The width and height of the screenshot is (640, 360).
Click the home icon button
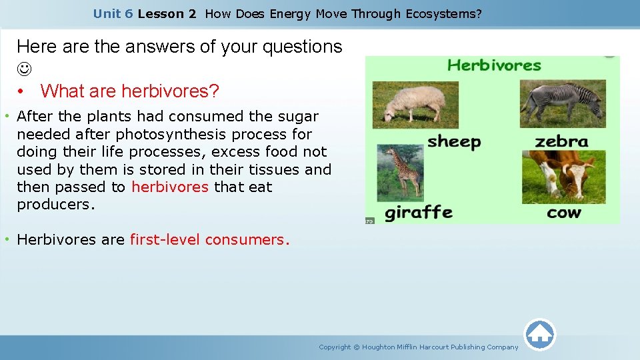(540, 335)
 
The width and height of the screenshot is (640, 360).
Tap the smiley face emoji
(25, 69)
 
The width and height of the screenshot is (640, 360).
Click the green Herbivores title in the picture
(494, 65)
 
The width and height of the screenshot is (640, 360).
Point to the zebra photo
(563, 103)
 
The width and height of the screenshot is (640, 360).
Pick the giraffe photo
(400, 172)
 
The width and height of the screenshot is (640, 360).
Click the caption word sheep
(453, 142)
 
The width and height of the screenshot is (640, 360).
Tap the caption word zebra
(561, 142)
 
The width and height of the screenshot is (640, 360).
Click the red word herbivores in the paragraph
(170, 187)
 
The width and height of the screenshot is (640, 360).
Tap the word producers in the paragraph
(56, 205)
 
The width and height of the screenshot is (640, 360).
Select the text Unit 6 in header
(113, 13)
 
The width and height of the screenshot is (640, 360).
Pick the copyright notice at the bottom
(418, 347)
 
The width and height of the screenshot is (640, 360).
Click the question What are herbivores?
(130, 91)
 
